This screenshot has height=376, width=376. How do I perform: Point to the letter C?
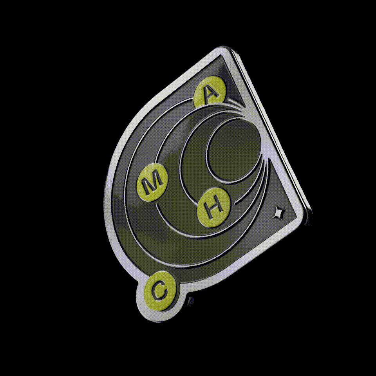coord(159,291)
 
